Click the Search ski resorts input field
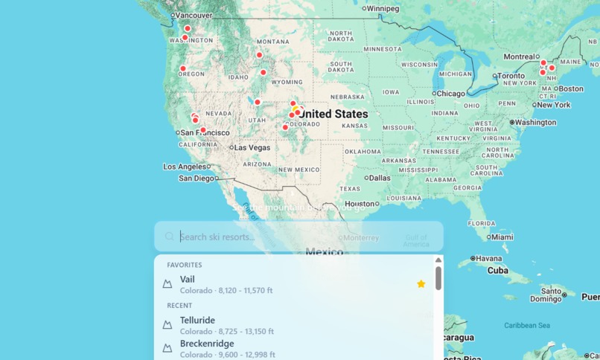[298, 237]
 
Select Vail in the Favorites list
[188, 280]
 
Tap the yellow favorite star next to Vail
[421, 283]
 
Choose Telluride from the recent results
[197, 321]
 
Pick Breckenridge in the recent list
[207, 344]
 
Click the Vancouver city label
[194, 15]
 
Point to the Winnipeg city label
[383, 8]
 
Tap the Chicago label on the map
[450, 94]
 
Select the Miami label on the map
[502, 237]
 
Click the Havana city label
[489, 259]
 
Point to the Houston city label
[360, 203]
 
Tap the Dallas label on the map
[378, 178]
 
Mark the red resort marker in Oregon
[182, 68]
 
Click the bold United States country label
[333, 114]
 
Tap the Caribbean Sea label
[526, 325]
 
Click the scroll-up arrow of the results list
[438, 260]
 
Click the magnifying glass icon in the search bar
[170, 237]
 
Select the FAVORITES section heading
[184, 265]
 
